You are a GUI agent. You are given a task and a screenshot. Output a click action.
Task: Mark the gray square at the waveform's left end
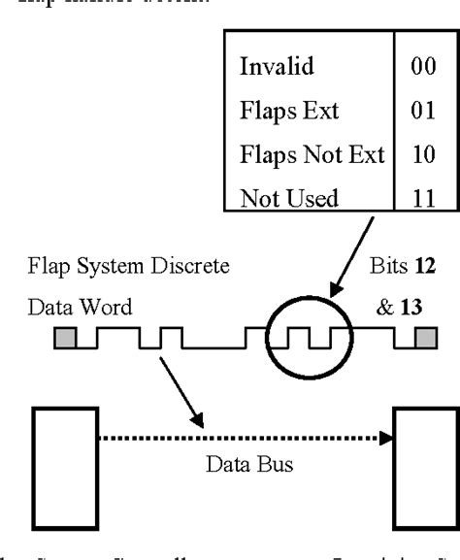pos(64,338)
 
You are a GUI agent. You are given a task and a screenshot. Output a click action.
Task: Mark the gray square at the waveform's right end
pos(425,338)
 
